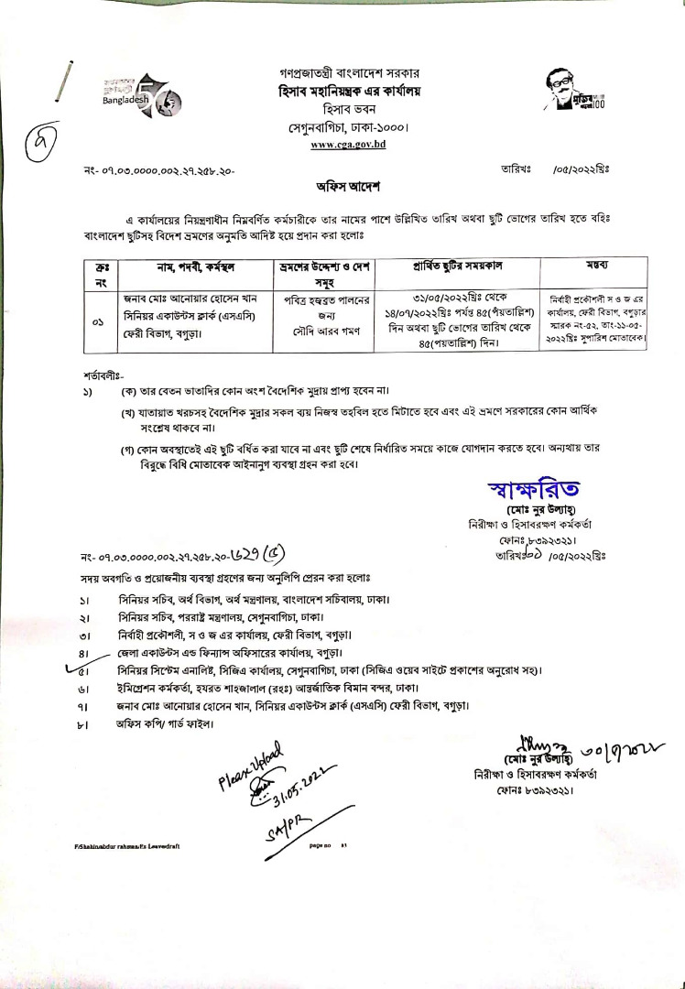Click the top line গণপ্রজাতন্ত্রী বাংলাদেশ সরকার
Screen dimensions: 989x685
[x=345, y=71]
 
